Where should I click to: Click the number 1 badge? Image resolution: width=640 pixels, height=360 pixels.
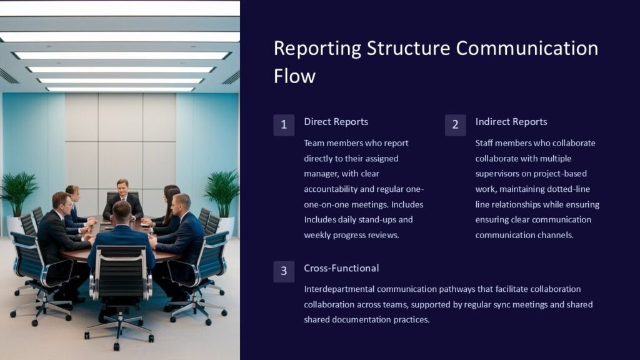coord(284,125)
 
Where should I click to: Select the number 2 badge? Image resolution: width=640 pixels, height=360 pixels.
coord(455,125)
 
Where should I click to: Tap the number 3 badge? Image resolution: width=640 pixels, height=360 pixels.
coord(284,271)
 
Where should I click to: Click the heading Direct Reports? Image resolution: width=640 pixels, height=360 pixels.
coord(336,122)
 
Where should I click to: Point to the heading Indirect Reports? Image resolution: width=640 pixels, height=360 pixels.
coord(511,122)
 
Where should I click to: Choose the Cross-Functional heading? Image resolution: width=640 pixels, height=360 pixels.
coord(341,268)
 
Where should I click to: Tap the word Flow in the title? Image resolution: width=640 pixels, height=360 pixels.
coord(294,76)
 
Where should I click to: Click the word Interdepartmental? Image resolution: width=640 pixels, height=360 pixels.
coord(341,289)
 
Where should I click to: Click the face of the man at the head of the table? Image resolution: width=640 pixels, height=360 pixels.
coord(122,186)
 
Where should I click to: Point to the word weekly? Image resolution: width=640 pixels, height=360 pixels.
coord(318,235)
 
